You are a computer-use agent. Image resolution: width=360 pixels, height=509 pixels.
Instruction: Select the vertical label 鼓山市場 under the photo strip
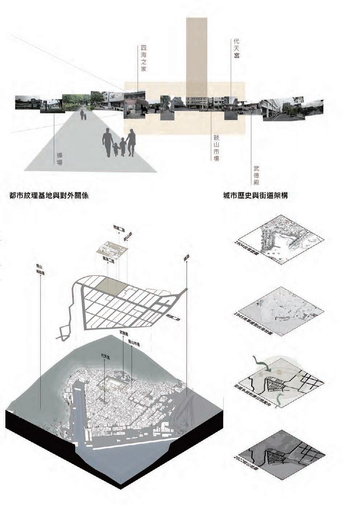(216, 149)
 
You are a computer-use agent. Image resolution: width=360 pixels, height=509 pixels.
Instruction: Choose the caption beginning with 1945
(253, 323)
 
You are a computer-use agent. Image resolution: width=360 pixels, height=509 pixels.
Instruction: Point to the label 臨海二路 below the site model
(108, 260)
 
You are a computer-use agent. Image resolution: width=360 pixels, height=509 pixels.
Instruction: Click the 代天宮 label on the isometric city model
(105, 357)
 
